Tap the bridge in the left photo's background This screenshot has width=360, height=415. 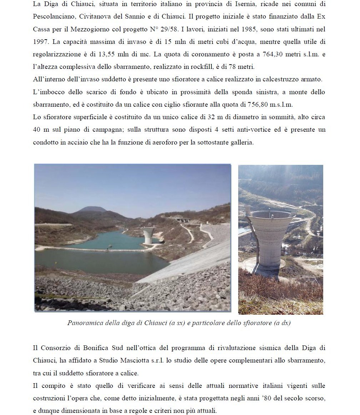[180, 219]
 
